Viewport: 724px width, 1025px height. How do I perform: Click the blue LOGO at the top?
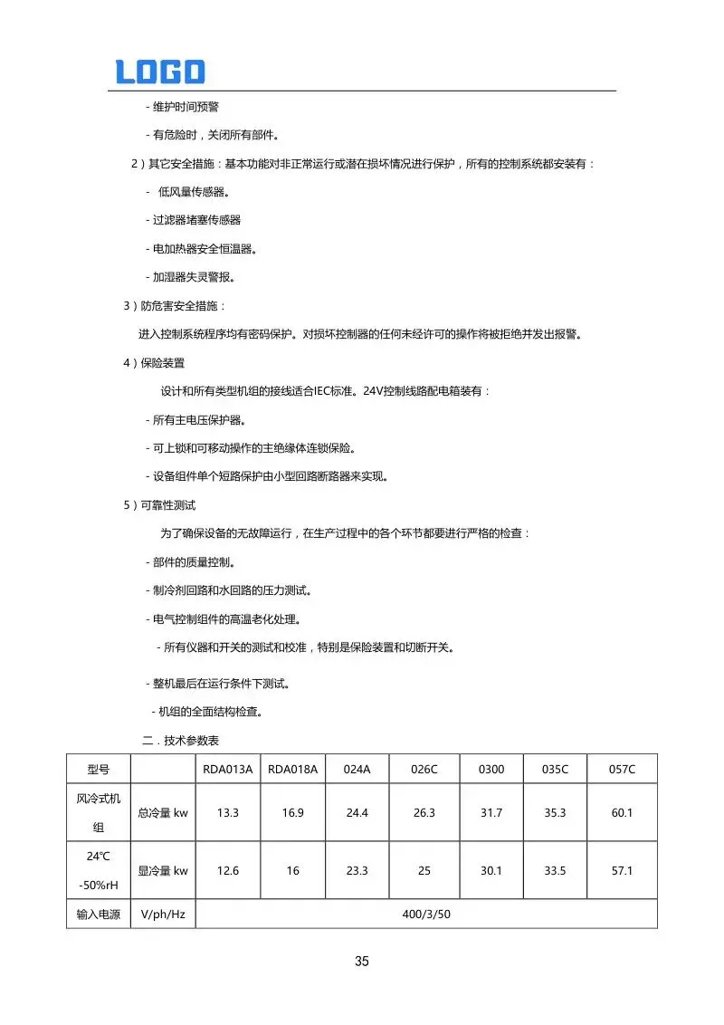point(160,72)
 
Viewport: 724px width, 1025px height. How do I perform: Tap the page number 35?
point(362,962)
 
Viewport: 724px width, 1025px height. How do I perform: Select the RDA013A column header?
point(227,770)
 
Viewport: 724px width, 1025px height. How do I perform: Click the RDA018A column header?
point(292,770)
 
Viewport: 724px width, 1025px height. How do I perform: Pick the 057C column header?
point(622,770)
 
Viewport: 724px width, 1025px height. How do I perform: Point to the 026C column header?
point(424,770)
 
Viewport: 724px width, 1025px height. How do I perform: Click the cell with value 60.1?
point(622,812)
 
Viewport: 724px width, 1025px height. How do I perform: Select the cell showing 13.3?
point(227,812)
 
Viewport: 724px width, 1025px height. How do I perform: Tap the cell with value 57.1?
point(622,870)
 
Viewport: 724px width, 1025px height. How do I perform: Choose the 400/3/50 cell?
point(425,914)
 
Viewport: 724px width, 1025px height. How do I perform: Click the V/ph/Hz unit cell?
point(163,914)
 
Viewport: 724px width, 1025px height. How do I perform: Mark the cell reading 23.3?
point(357,870)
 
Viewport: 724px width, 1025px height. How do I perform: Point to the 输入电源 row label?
point(98,914)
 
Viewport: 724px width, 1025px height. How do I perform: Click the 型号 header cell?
point(98,770)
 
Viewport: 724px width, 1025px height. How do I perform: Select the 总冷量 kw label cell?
point(163,812)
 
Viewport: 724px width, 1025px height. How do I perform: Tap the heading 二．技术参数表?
point(180,740)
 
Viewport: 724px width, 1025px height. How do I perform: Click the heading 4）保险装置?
point(154,363)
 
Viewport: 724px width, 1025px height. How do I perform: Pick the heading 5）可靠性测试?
point(159,504)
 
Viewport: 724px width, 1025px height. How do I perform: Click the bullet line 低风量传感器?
point(190,192)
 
